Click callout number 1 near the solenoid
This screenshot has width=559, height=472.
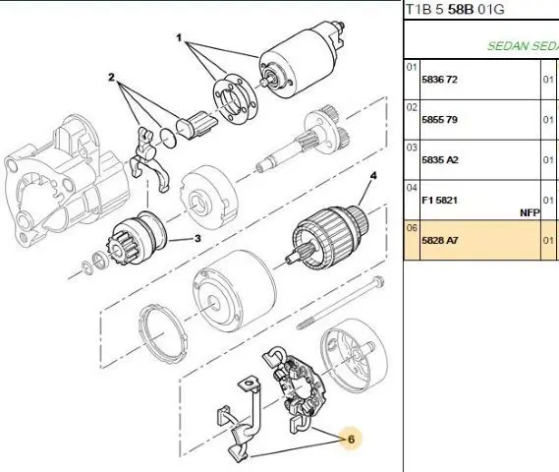179,37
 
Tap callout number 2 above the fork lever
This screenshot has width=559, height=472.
112,77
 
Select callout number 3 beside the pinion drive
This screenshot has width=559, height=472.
197,238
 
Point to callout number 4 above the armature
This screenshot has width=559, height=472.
373,176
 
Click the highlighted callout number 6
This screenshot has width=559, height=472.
351,440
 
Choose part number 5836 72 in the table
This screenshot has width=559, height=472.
439,80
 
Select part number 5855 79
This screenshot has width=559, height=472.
439,120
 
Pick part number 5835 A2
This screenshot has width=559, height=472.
439,160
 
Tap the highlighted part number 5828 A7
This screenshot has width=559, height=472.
439,241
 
